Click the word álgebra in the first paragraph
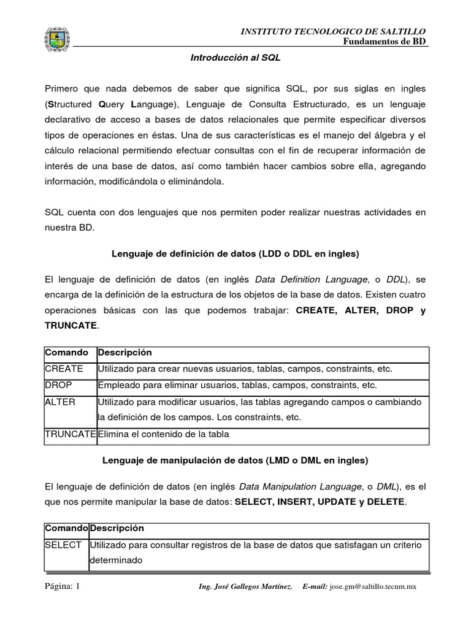click(x=387, y=134)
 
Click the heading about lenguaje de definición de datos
click(x=235, y=253)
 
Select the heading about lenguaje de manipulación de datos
click(x=235, y=459)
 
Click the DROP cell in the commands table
click(x=58, y=385)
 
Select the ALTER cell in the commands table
click(x=60, y=402)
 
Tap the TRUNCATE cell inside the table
click(x=70, y=435)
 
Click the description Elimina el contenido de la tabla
click(x=163, y=435)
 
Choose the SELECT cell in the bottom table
click(x=63, y=545)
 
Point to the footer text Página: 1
click(x=63, y=586)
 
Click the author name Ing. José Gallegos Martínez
click(x=245, y=587)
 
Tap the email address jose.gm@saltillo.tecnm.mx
click(x=373, y=587)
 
